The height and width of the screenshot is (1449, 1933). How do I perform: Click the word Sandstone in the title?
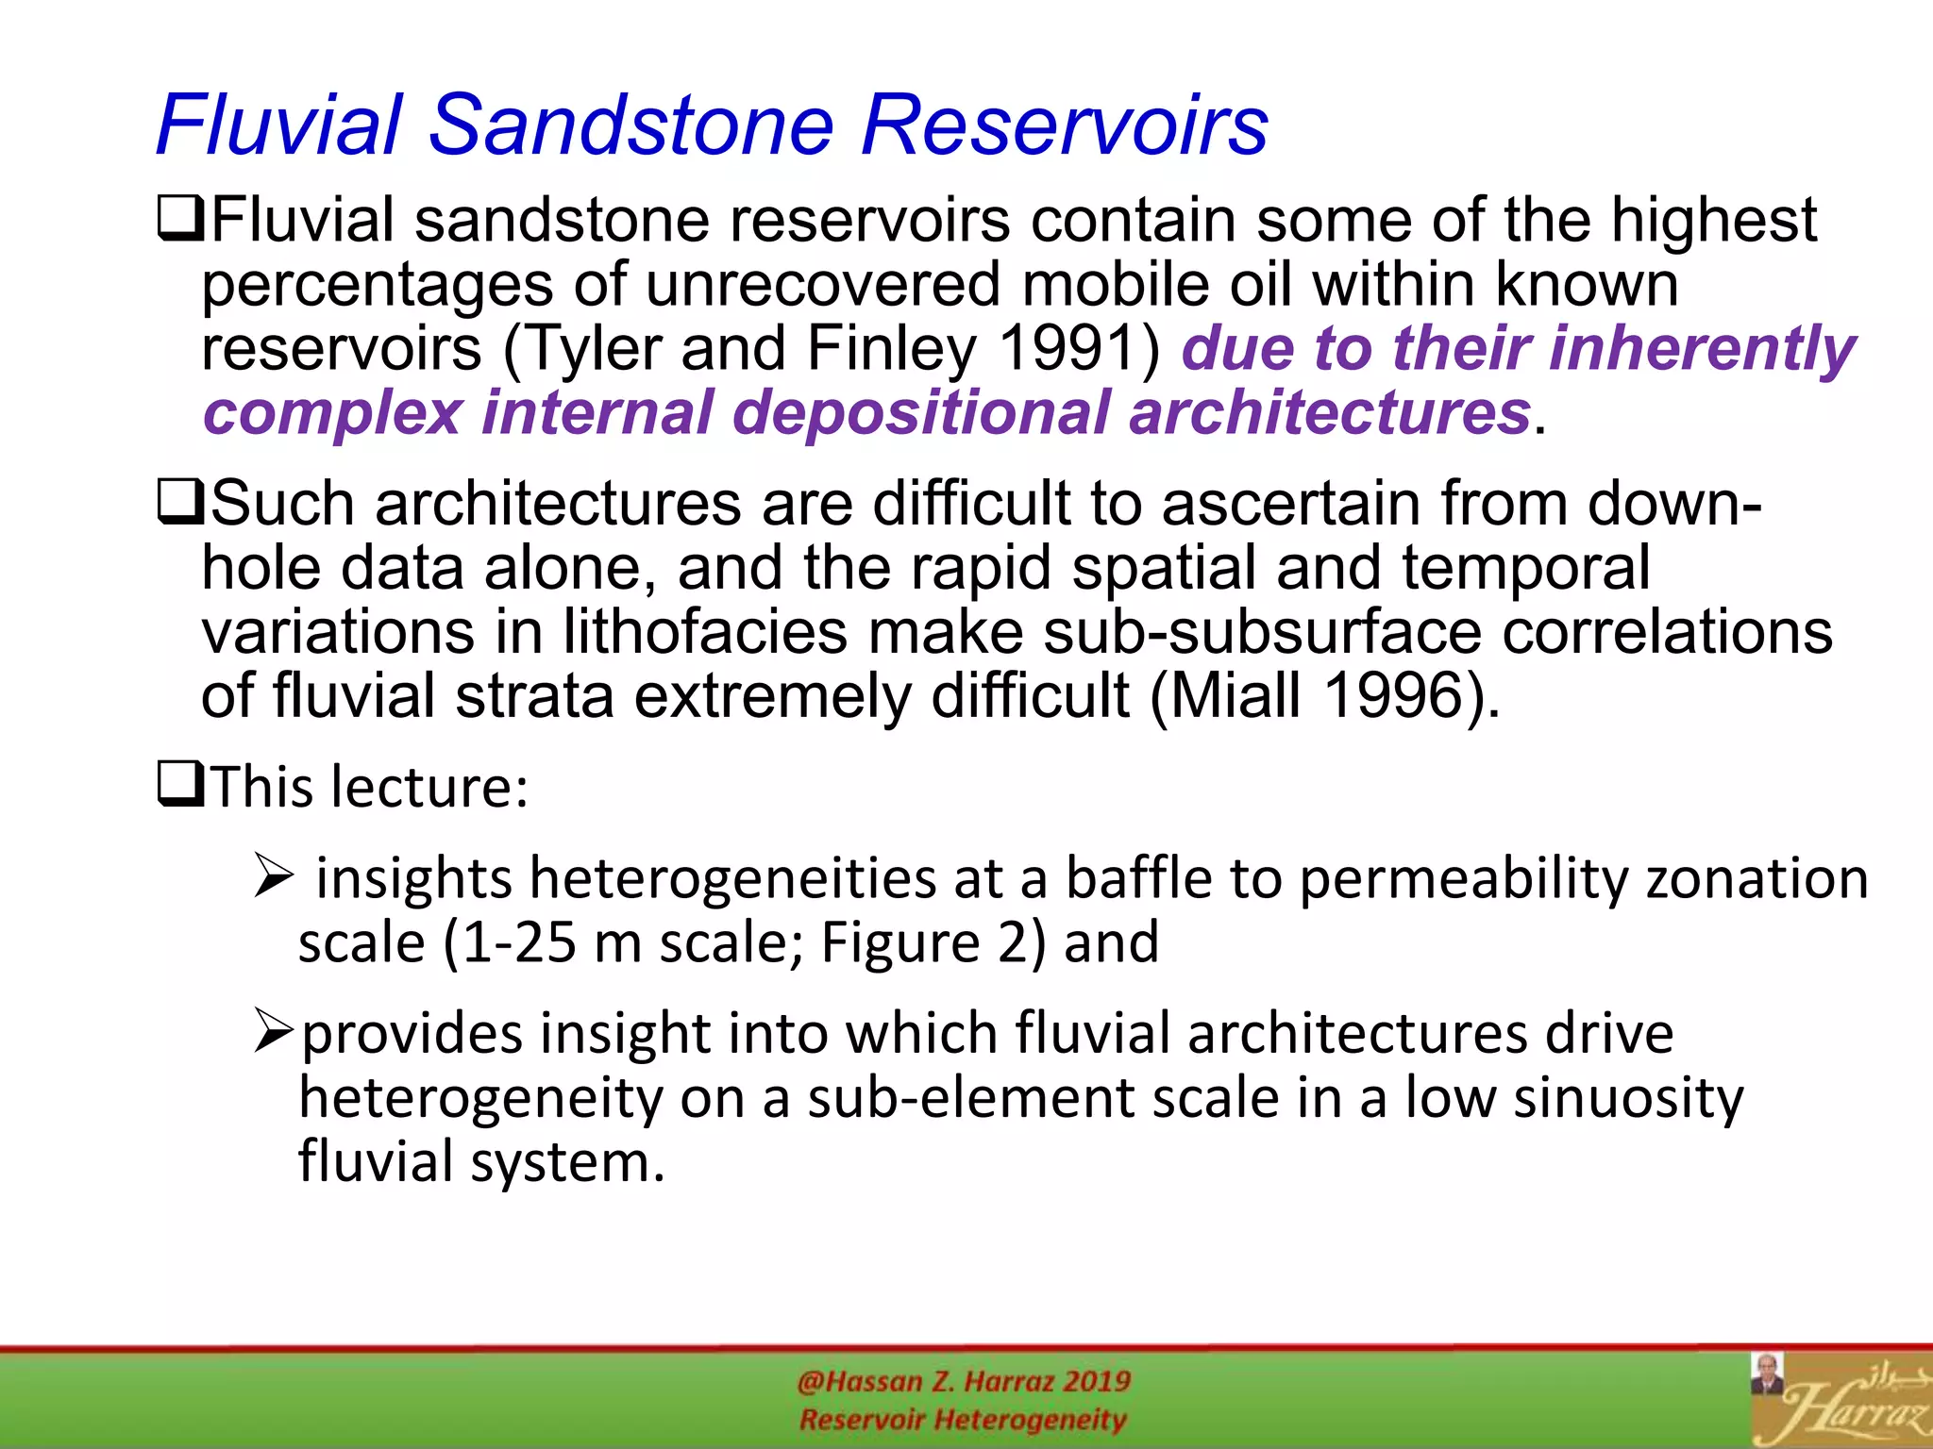click(x=631, y=125)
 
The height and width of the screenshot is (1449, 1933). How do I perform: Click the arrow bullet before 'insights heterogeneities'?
click(x=275, y=876)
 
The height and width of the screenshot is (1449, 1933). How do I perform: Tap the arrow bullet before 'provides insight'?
click(x=275, y=1031)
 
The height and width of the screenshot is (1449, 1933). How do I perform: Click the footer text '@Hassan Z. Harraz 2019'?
click(x=963, y=1381)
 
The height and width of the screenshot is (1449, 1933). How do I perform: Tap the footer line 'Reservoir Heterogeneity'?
click(x=963, y=1420)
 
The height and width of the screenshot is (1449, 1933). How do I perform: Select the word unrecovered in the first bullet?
click(x=822, y=285)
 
